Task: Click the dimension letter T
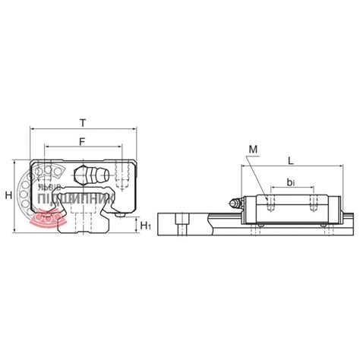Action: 81,122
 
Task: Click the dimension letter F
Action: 81,141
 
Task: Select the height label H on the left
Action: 8,195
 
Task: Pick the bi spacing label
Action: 292,182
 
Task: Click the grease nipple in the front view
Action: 93,175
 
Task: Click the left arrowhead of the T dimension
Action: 31,129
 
